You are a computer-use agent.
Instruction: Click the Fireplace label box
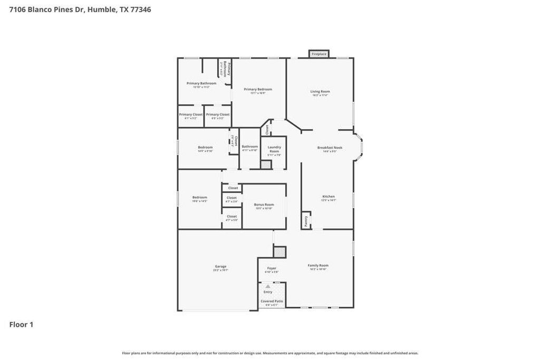click(x=319, y=54)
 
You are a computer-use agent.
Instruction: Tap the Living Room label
click(x=320, y=92)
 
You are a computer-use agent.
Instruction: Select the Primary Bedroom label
click(x=258, y=90)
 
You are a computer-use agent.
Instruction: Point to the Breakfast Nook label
click(x=330, y=148)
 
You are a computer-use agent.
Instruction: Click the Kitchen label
click(x=329, y=197)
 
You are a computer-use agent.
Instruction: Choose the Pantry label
click(x=306, y=220)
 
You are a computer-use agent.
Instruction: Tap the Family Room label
click(x=318, y=266)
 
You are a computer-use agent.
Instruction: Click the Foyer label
click(x=272, y=268)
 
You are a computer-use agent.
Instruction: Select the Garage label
click(x=220, y=267)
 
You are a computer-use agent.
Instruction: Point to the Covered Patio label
click(x=272, y=301)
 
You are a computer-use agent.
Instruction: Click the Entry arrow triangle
click(x=268, y=286)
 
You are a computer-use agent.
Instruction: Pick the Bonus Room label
click(x=264, y=205)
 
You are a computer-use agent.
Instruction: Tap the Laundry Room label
click(x=274, y=149)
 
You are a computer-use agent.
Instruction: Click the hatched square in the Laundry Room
click(x=266, y=164)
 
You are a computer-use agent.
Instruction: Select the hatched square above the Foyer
click(x=279, y=252)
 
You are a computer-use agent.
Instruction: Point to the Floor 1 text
click(x=21, y=325)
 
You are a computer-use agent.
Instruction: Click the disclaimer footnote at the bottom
click(x=270, y=353)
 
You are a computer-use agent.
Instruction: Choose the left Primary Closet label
click(x=190, y=114)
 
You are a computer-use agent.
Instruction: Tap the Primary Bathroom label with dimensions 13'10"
click(x=201, y=83)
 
